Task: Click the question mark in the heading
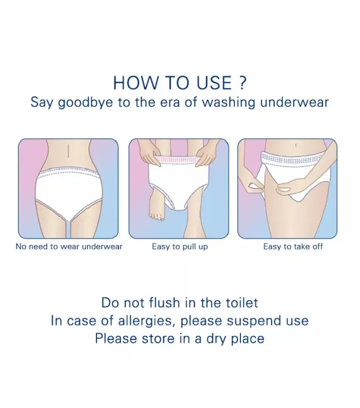[x=242, y=83]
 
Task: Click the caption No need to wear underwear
[x=69, y=246]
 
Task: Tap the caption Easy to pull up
[x=180, y=246]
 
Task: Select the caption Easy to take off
[x=293, y=246]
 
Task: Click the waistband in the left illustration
[x=68, y=173]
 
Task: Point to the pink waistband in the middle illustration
[x=179, y=161]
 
